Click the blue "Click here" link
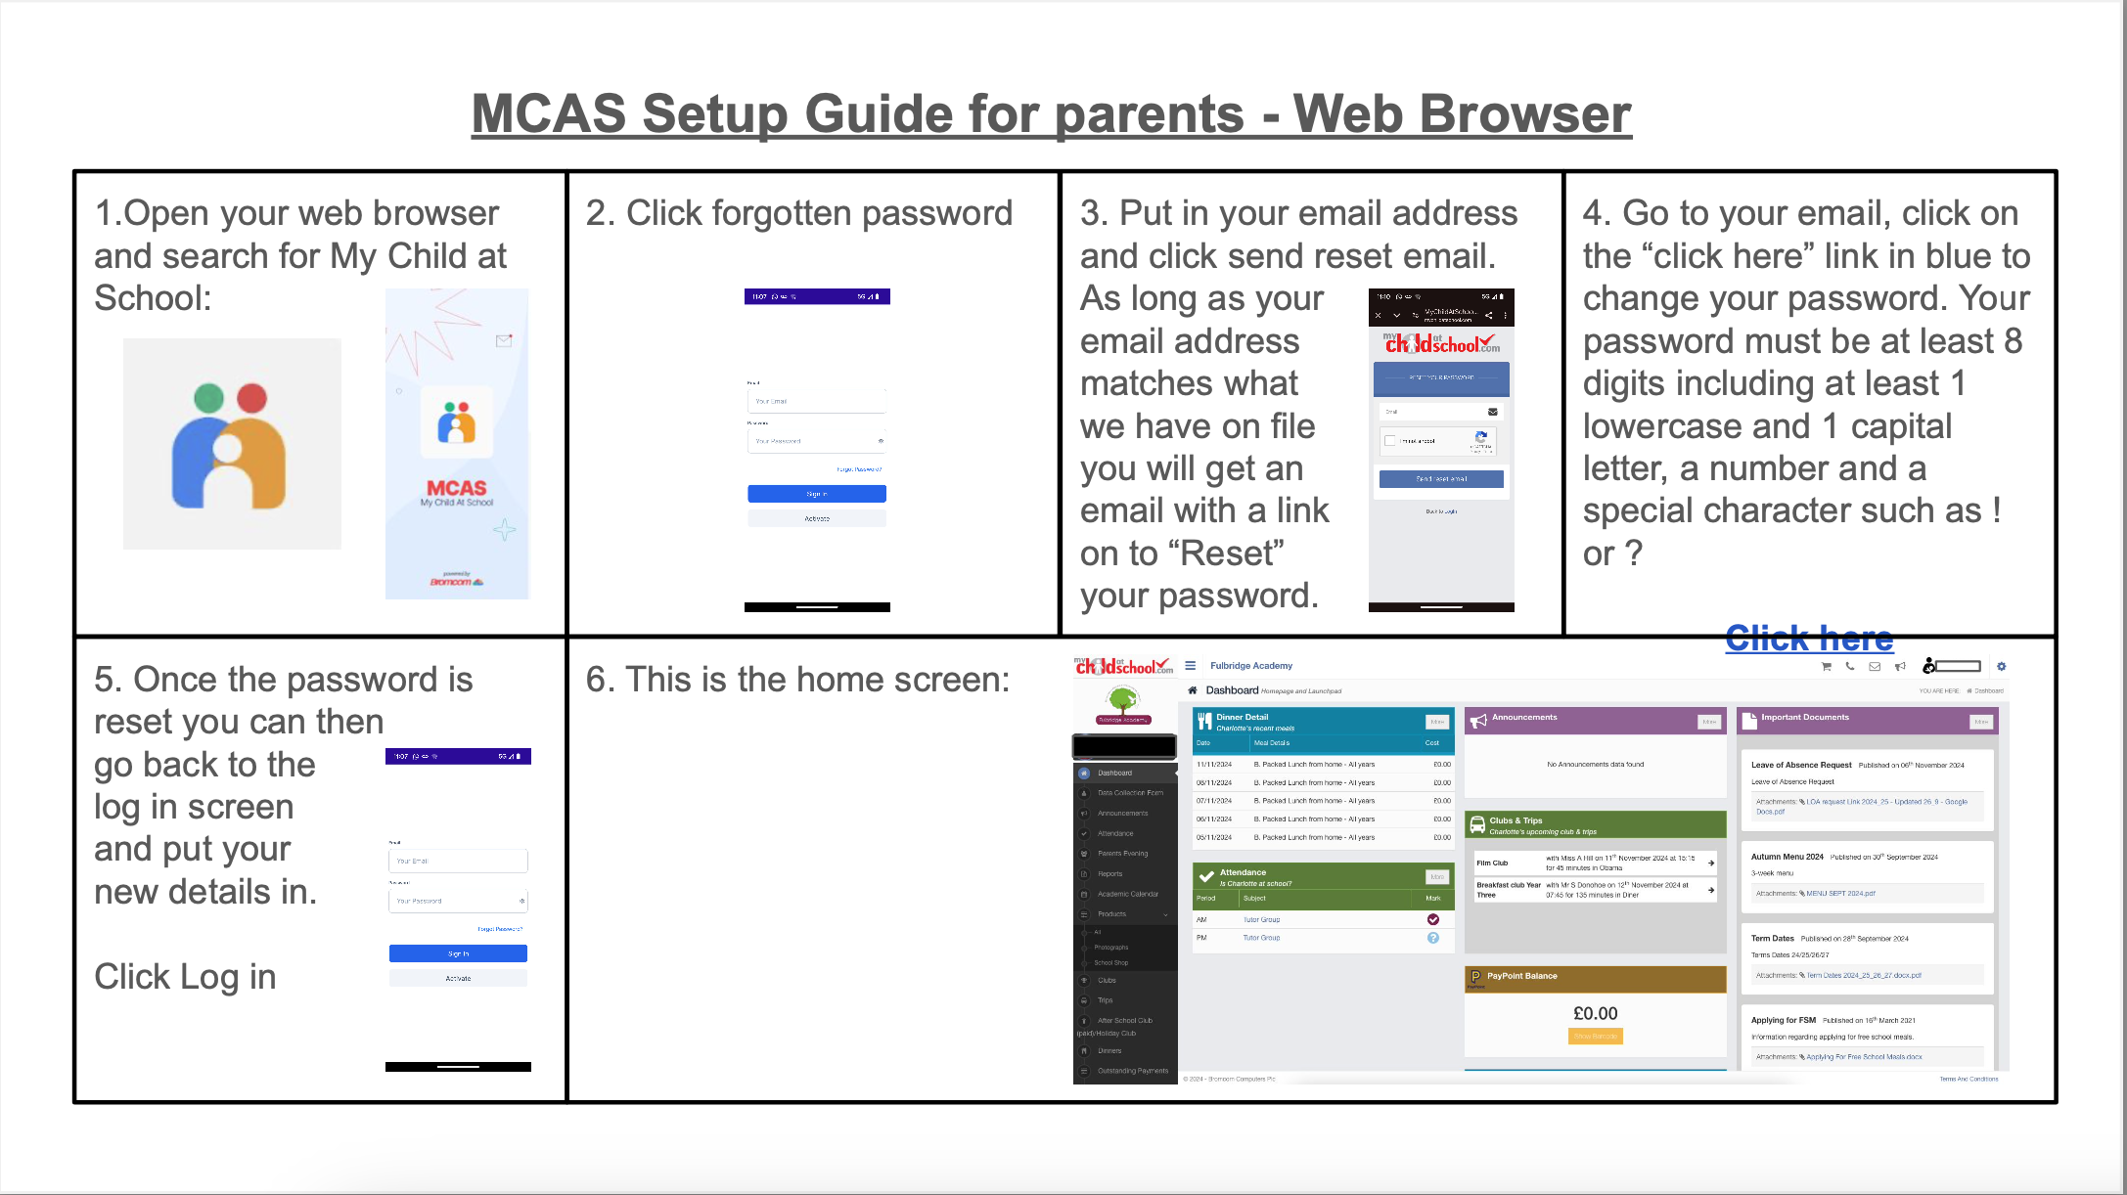[x=1809, y=639]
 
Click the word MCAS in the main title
[x=548, y=114]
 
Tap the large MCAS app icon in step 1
[x=232, y=445]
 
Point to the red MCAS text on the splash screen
[x=456, y=488]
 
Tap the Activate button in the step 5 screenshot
[x=458, y=978]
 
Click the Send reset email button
[x=1441, y=479]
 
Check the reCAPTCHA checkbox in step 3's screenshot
[x=1390, y=441]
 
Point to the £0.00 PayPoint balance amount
[x=1595, y=1014]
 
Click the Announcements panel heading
[x=1523, y=718]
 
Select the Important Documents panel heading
[x=1804, y=718]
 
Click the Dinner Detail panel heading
[x=1242, y=718]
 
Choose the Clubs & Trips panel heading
[x=1516, y=820]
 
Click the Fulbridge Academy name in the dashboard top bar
[x=1250, y=666]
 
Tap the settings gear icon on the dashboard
[x=2001, y=667]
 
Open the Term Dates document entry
[x=1772, y=939]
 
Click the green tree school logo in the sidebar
[x=1123, y=699]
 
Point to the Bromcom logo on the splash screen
[x=456, y=581]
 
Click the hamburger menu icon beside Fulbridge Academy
[x=1190, y=666]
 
